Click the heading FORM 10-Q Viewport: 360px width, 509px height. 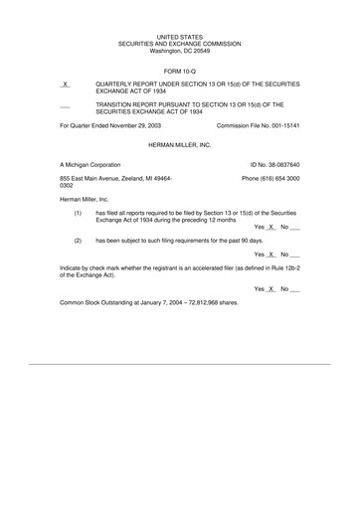click(180, 71)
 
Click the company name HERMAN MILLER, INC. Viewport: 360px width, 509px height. click(180, 144)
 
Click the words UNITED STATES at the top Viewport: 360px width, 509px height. click(180, 36)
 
